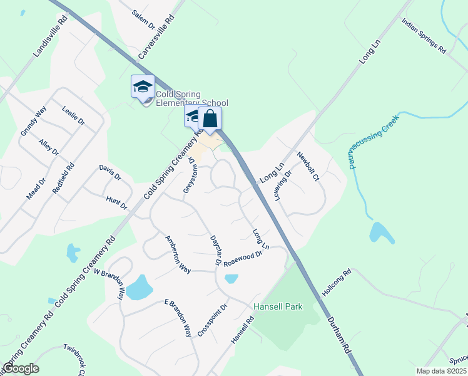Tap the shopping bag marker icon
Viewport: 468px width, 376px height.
(210, 119)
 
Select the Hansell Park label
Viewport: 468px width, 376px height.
(278, 307)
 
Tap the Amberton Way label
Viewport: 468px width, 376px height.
(178, 254)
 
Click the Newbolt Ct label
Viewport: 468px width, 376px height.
(308, 167)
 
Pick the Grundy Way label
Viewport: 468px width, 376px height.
(34, 122)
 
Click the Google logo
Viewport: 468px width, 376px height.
(21, 368)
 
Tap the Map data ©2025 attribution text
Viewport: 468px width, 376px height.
(442, 371)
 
